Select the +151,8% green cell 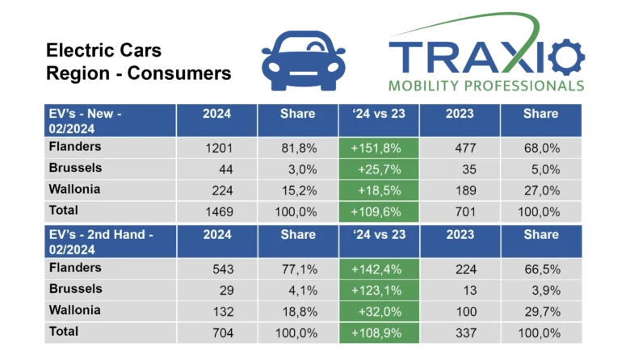378,148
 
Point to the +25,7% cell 378,169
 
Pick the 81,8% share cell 297,148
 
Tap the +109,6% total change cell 378,211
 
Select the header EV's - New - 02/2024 107,120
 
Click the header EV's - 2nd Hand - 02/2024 107,241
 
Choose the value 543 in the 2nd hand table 218,269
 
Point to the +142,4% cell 378,269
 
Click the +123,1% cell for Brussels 378,290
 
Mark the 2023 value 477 460,148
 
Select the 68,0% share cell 540,148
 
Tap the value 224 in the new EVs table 218,190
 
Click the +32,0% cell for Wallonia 378,311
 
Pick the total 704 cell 218,332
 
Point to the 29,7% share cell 540,311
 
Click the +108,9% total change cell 378,332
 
